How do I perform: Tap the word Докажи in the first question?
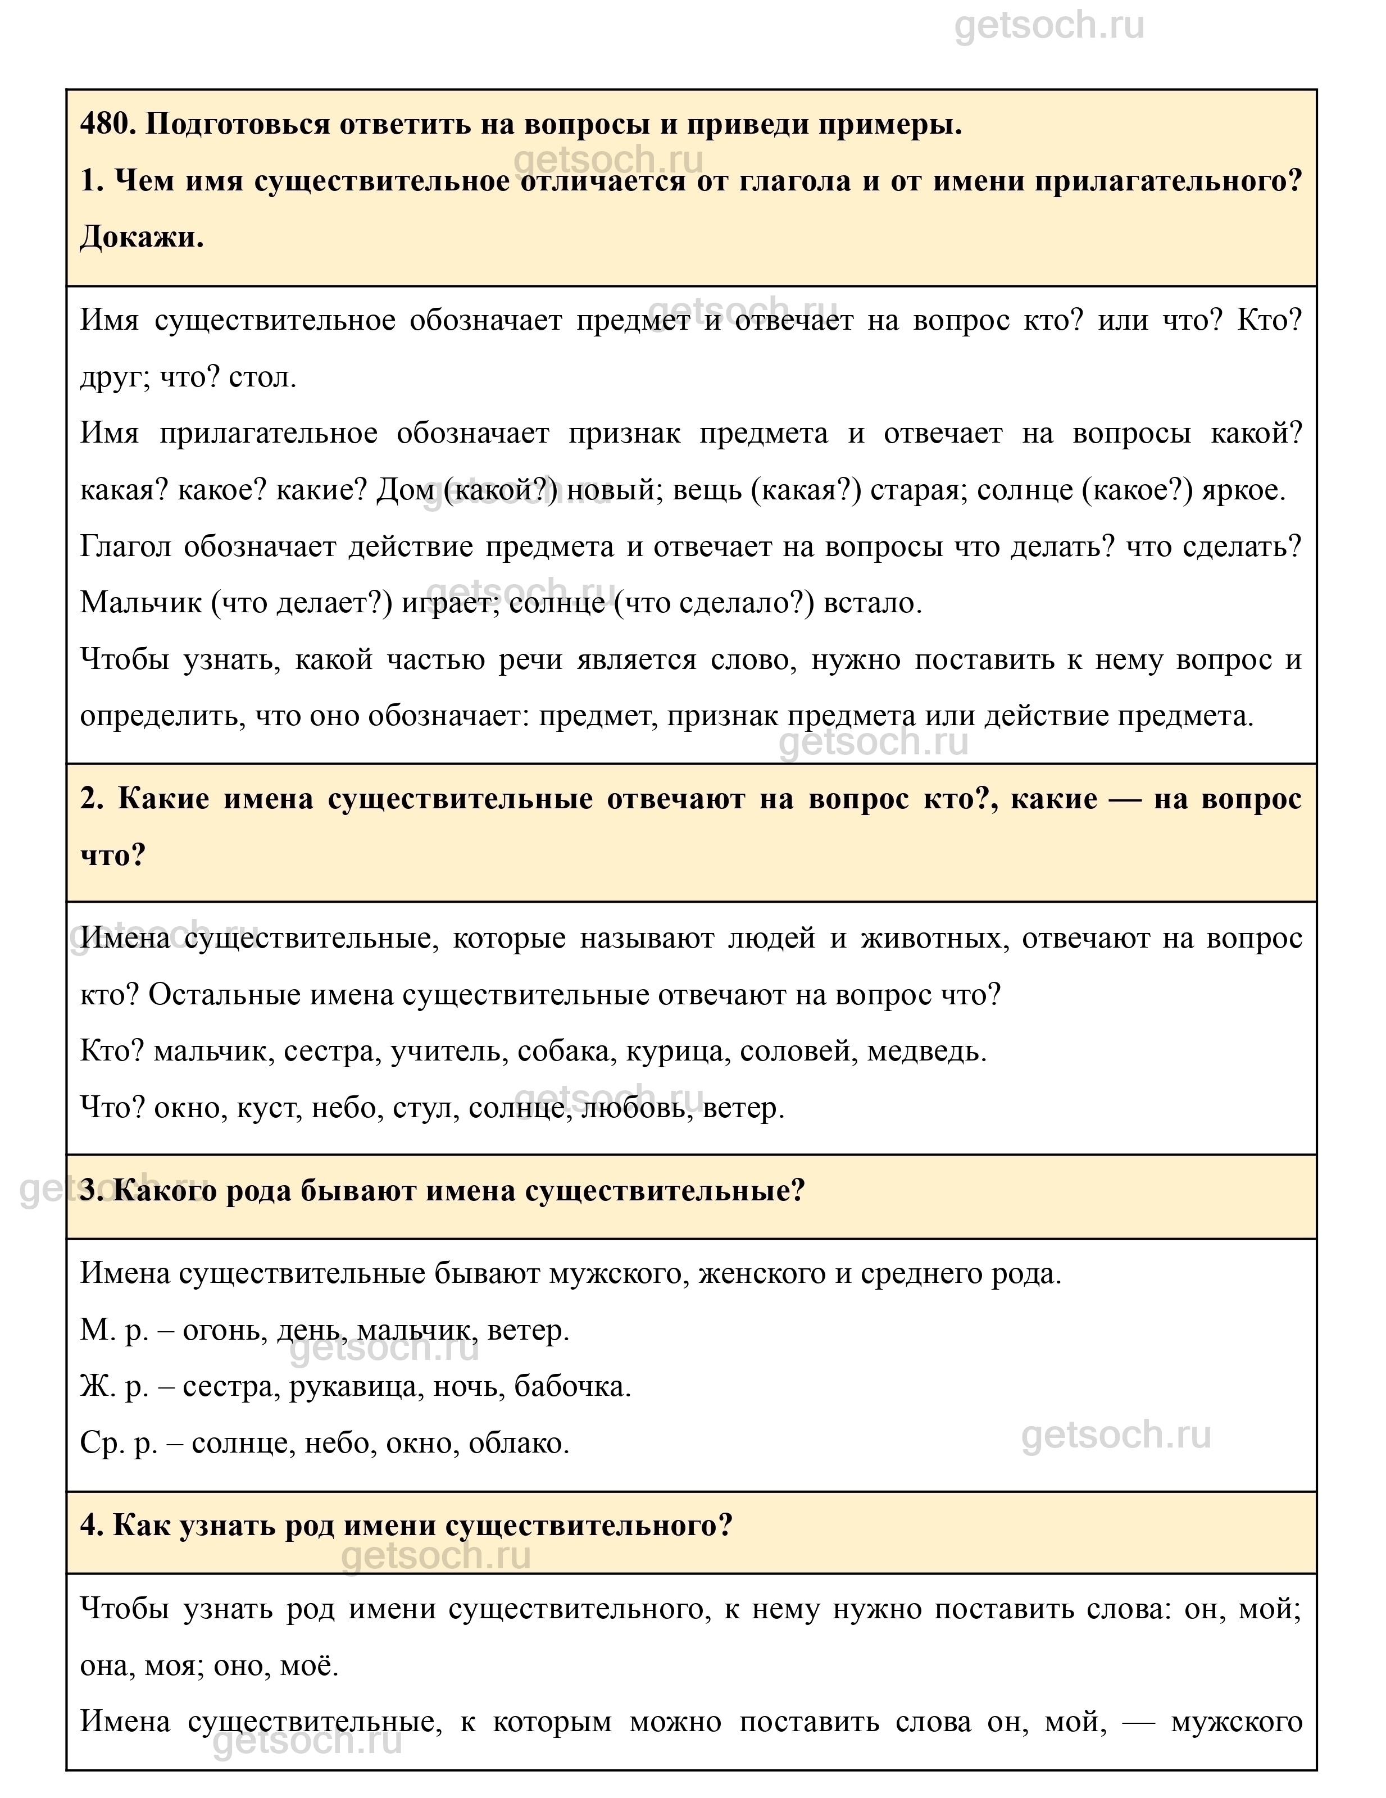point(141,238)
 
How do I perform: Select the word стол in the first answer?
point(261,378)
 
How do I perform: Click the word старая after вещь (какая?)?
point(916,491)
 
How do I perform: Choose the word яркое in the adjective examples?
point(1243,491)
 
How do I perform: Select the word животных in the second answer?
point(934,939)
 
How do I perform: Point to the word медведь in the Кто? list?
point(926,1052)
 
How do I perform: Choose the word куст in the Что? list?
point(266,1108)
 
